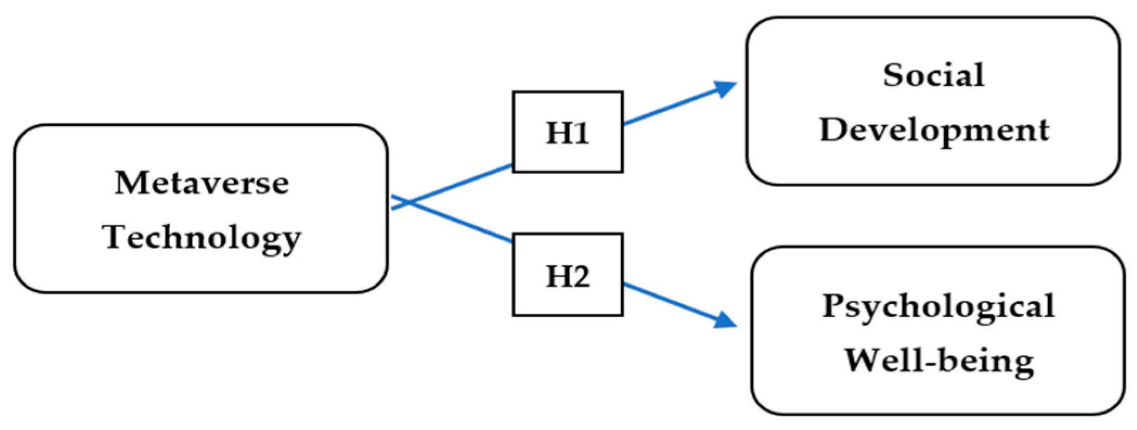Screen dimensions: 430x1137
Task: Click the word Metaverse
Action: (202, 183)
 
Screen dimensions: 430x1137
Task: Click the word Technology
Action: (202, 238)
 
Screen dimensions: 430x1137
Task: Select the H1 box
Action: (567, 132)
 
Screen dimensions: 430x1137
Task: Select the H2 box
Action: (567, 275)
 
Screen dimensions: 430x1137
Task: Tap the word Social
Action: (933, 75)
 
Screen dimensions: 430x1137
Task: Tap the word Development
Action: (934, 130)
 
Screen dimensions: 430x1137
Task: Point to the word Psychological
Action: (938, 306)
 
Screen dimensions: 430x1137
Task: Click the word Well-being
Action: (939, 361)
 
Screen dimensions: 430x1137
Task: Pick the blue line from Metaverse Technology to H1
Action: (466, 181)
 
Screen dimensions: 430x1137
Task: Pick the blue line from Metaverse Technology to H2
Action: (466, 224)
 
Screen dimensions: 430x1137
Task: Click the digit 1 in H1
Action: (581, 133)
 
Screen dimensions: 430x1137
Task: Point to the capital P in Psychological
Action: (834, 305)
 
